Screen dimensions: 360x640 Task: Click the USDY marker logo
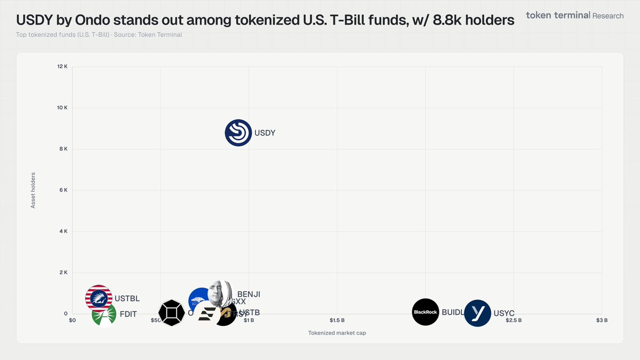tap(238, 133)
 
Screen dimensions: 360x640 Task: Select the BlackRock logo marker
tap(426, 312)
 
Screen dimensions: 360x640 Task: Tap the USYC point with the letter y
tap(477, 313)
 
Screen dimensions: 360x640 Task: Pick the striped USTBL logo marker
tap(99, 298)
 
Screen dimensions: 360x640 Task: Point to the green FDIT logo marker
tap(104, 314)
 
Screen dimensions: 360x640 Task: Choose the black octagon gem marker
tap(172, 313)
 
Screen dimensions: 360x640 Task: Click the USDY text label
tap(265, 133)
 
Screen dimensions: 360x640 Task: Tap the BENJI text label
tap(249, 294)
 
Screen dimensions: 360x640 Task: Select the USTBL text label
tap(127, 299)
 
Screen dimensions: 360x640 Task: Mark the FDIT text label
tap(127, 314)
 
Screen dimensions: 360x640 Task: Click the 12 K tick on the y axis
tap(62, 67)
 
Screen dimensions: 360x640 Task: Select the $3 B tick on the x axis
tap(602, 321)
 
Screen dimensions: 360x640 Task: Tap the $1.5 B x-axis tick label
tap(337, 321)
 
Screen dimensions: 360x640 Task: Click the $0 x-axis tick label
tap(73, 321)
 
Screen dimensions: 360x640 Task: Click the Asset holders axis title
tap(33, 190)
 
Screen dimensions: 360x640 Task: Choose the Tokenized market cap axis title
tap(337, 333)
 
